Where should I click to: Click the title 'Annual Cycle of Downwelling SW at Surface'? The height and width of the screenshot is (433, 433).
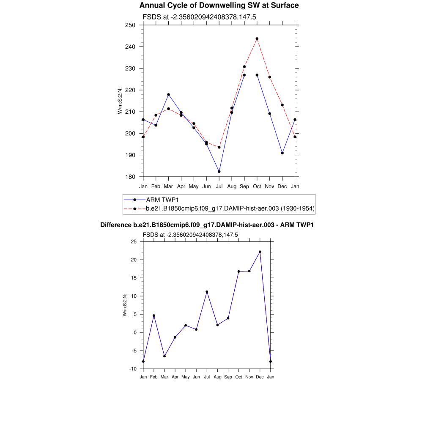point(219,5)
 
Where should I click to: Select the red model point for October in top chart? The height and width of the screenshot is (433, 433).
point(257,39)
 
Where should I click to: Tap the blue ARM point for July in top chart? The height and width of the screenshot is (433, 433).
point(219,172)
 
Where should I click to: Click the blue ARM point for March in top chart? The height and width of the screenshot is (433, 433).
point(168,95)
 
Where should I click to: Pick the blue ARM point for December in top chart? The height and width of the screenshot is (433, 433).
point(282,153)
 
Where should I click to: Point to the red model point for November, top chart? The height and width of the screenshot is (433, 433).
point(270,77)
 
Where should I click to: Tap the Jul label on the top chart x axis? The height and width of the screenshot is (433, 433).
point(219,186)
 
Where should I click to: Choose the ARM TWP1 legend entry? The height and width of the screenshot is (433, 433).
point(161,200)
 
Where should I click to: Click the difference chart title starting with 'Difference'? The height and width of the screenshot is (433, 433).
point(207,225)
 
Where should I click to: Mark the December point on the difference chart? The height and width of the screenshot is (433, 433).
point(260,252)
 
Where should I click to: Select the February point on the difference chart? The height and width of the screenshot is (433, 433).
point(154,315)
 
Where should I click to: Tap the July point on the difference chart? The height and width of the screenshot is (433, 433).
point(207,292)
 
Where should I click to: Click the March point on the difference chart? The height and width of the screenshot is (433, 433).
point(164,356)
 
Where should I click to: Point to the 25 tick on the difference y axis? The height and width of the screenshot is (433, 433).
point(134,241)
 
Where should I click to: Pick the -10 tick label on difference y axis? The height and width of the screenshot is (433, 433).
point(133,369)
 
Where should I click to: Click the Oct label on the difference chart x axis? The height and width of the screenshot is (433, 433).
point(239,377)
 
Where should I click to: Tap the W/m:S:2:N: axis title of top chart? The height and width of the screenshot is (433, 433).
point(120,101)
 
